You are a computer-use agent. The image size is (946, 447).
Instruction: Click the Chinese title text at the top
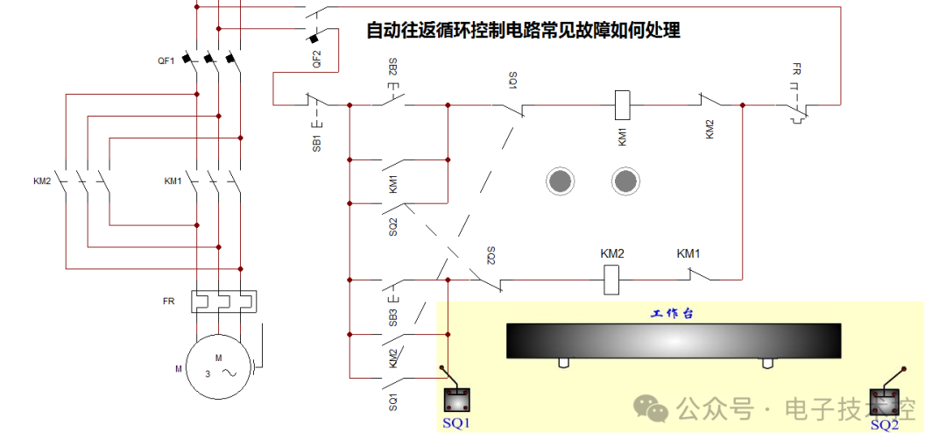[x=523, y=31]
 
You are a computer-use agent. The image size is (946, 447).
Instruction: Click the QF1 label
[x=166, y=60]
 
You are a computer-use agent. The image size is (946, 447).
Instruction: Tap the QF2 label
[x=317, y=60]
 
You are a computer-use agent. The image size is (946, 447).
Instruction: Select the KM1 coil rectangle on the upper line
[x=623, y=105]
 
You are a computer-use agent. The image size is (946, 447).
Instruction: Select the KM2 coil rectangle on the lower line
[x=612, y=280]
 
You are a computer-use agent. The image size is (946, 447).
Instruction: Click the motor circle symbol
[x=215, y=365]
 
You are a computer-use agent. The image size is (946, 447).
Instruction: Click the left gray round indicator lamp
[x=561, y=181]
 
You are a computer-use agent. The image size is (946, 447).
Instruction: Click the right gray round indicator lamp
[x=625, y=181]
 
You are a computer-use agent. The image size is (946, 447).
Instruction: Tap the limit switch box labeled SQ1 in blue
[x=456, y=401]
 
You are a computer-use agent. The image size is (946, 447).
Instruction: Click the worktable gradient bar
[x=673, y=340]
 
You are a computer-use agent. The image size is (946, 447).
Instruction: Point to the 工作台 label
[x=673, y=313]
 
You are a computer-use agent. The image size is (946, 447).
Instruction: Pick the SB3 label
[x=393, y=317]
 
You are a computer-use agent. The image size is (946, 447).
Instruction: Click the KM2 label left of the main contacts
[x=42, y=181]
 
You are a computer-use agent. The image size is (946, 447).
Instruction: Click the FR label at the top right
[x=796, y=69]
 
